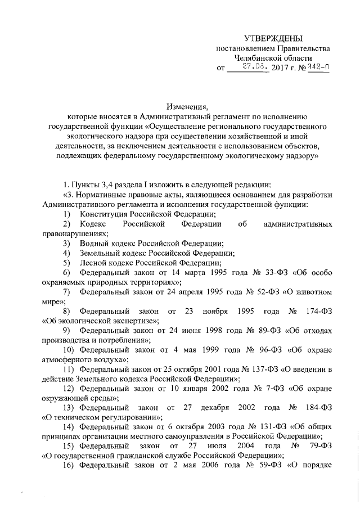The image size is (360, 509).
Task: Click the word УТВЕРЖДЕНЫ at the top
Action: click(x=273, y=38)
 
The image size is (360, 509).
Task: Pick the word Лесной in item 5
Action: click(x=92, y=263)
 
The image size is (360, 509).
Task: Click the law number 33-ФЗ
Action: click(x=259, y=273)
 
